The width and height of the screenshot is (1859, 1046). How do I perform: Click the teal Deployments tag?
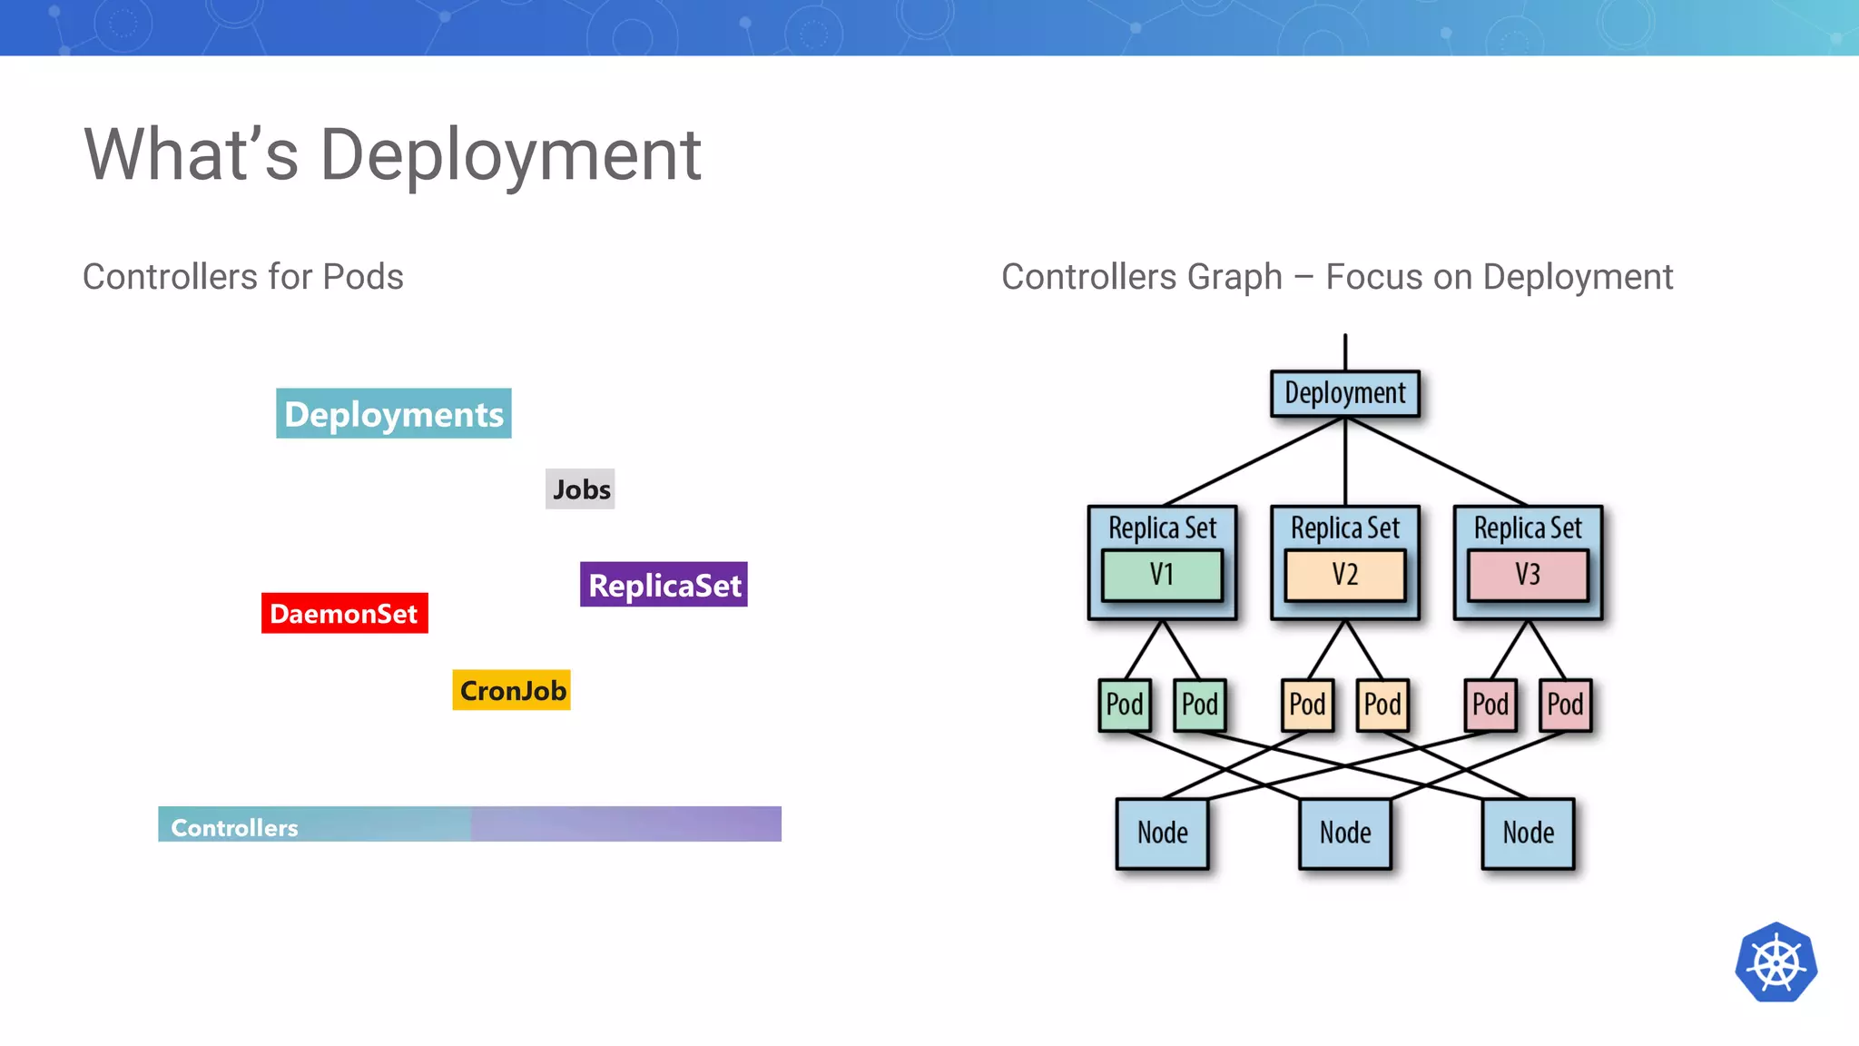point(393,414)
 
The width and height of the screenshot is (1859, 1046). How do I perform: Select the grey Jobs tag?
point(580,489)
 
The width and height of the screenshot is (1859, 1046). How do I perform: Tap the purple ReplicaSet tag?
point(664,585)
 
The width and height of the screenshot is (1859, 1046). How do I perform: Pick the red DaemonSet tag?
point(344,614)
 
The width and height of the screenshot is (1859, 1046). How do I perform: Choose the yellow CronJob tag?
point(512,690)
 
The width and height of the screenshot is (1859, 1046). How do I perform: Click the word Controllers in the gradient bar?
point(234,827)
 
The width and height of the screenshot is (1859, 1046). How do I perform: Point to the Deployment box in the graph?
point(1344,393)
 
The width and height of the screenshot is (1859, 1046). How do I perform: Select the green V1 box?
point(1162,575)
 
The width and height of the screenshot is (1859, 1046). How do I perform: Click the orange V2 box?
point(1344,575)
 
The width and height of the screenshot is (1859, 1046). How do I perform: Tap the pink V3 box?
point(1528,575)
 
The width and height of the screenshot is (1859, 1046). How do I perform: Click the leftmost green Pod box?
point(1125,705)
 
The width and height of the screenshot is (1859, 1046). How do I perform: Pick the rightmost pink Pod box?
point(1565,705)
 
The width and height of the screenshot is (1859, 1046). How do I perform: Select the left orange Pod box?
point(1307,705)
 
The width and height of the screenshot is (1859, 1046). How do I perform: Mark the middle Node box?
point(1344,833)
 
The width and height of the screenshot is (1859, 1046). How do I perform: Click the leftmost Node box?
point(1162,833)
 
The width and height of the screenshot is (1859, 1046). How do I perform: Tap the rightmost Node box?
point(1528,833)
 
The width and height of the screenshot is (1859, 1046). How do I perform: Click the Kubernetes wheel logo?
point(1775,962)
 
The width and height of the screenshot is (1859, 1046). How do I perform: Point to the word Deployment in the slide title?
point(510,155)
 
